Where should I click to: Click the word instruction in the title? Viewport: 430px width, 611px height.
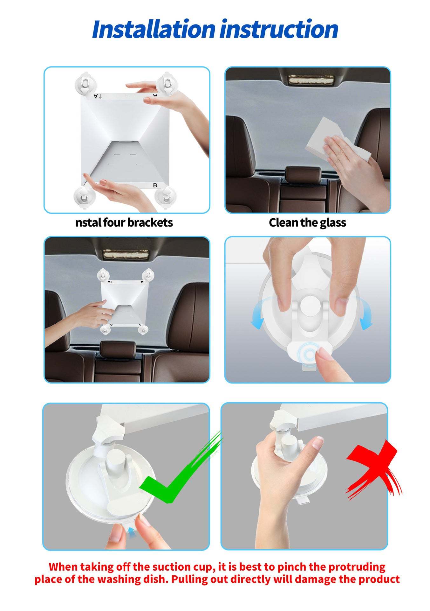[279, 30]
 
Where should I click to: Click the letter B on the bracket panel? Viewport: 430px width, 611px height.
[155, 185]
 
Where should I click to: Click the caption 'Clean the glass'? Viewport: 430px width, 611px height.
[307, 223]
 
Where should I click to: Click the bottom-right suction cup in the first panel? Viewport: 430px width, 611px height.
[166, 197]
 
